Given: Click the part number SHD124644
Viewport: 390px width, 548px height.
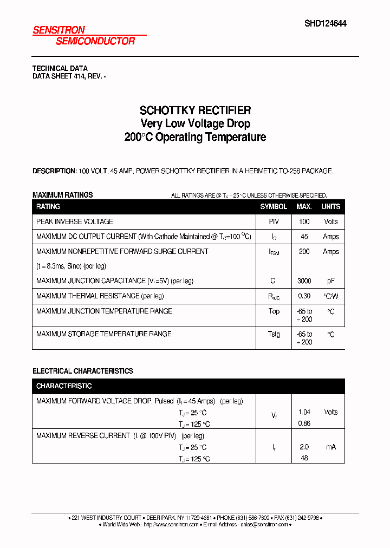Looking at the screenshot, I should click(x=325, y=23).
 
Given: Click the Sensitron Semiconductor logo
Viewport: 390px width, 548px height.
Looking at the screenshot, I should click(x=84, y=36).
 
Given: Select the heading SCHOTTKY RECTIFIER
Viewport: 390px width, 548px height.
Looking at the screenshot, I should click(x=195, y=110).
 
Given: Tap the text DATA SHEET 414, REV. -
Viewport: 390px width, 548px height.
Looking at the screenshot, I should click(x=69, y=77).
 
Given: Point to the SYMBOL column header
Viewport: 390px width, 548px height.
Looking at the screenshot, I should click(x=274, y=206).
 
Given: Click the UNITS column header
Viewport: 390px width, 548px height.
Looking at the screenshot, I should click(x=330, y=206).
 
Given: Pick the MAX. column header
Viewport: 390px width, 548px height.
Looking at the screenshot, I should click(x=304, y=206).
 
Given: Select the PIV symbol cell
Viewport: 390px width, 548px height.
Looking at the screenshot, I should click(x=274, y=221).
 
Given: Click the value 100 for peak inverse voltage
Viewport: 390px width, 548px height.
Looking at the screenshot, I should click(x=304, y=221).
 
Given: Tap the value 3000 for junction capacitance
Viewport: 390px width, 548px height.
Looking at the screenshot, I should click(x=304, y=281).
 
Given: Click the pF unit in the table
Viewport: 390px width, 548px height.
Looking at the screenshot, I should click(x=330, y=281).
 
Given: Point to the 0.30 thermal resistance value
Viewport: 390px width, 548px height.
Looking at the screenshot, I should click(x=304, y=296).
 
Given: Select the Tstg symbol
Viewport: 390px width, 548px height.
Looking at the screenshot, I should click(x=274, y=334).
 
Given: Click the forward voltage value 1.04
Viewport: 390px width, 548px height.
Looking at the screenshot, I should click(x=304, y=412).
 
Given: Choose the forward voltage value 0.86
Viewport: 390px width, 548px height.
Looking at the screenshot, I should click(x=304, y=423).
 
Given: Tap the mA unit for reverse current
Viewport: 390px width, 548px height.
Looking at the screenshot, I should click(x=330, y=447).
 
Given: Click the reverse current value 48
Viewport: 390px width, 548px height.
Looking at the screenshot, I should click(x=304, y=458).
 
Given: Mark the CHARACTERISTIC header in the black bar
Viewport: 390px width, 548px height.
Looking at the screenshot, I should click(x=64, y=386).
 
